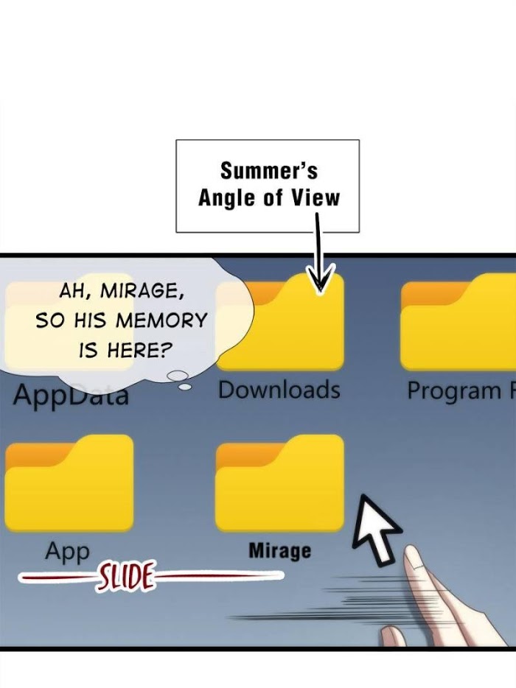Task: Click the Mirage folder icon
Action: coord(279,483)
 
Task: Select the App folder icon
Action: coord(69,483)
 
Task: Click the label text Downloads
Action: coord(279,390)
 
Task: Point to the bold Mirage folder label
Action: coord(279,551)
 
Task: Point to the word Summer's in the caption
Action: coord(269,171)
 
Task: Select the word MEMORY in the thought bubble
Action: coord(161,320)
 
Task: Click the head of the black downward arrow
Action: coord(320,278)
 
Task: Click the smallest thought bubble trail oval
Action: coord(186,387)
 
